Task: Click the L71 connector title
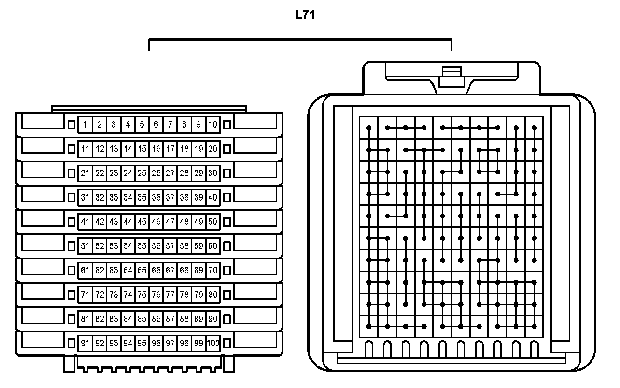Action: pyautogui.click(x=305, y=15)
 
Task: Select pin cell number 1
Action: pyautogui.click(x=85, y=125)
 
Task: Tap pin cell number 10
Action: pyautogui.click(x=213, y=125)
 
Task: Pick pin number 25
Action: pyautogui.click(x=142, y=173)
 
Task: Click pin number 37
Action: pyautogui.click(x=170, y=198)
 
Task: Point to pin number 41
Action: pyautogui.click(x=85, y=222)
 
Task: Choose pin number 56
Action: pyautogui.click(x=156, y=246)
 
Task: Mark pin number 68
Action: pyautogui.click(x=184, y=271)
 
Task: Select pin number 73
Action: pyautogui.click(x=113, y=295)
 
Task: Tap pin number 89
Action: pyautogui.click(x=199, y=319)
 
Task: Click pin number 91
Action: pyautogui.click(x=85, y=344)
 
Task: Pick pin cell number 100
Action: pyautogui.click(x=213, y=344)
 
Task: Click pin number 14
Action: pyautogui.click(x=128, y=149)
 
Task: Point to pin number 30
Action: pyautogui.click(x=213, y=173)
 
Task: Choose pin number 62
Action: pyautogui.click(x=99, y=271)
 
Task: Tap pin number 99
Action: pyautogui.click(x=199, y=344)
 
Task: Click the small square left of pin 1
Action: pyautogui.click(x=71, y=125)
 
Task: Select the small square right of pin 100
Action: pyautogui.click(x=227, y=344)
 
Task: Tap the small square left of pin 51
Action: pyautogui.click(x=71, y=246)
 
